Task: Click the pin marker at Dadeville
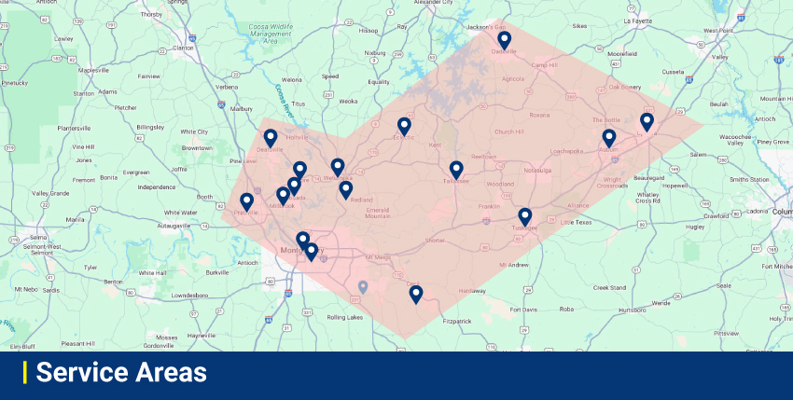tap(504, 40)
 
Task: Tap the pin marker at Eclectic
tap(404, 126)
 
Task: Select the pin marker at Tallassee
tap(456, 169)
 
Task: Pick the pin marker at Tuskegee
tap(525, 216)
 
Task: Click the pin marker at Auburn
tap(609, 138)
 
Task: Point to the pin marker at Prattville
tap(247, 201)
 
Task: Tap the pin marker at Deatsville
tap(271, 138)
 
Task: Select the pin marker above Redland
tap(346, 189)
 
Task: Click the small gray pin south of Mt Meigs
tap(363, 286)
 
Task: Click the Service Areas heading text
tap(121, 373)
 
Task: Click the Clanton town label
tap(183, 48)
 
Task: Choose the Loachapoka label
tap(566, 150)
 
